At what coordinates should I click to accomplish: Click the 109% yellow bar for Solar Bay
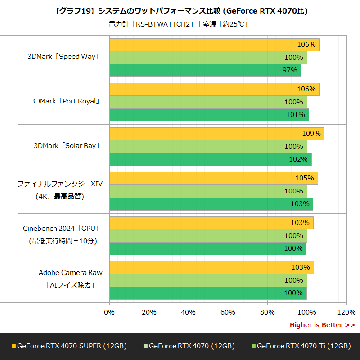tap(216, 134)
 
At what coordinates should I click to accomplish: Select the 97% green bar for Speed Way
tap(205, 70)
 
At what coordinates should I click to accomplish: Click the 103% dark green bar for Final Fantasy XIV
tap(211, 204)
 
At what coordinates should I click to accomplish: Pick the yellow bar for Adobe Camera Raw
tap(211, 267)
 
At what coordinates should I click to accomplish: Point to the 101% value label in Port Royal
tap(296, 115)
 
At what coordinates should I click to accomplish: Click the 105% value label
tap(305, 178)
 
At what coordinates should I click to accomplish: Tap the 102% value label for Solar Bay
tap(298, 159)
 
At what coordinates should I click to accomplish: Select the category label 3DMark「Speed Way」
tap(63, 57)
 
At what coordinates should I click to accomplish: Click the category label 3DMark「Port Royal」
tap(65, 101)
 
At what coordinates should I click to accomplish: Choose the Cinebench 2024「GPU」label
tap(61, 229)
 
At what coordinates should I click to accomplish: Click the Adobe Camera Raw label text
tap(70, 273)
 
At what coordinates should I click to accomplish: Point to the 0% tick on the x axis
tap(109, 312)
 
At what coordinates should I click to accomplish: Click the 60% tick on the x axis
tap(228, 312)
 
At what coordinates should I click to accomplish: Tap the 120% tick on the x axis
tap(346, 312)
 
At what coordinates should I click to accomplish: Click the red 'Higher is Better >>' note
tap(322, 325)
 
